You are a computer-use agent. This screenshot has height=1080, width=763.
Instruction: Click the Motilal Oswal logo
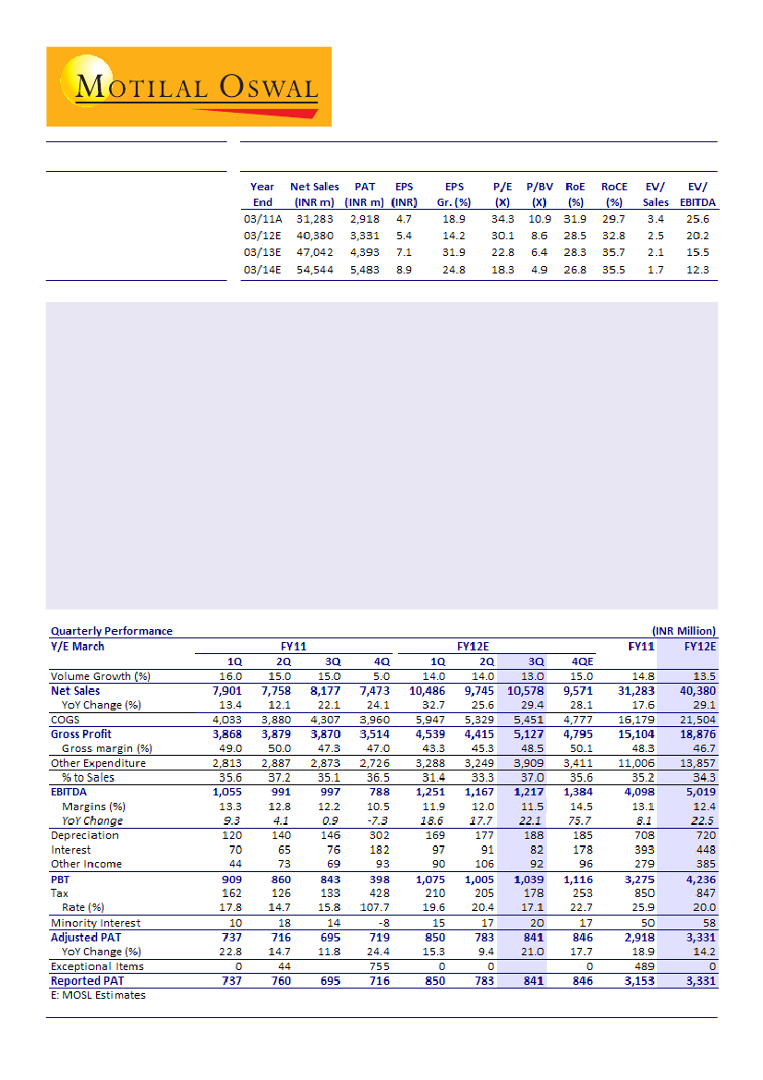188,87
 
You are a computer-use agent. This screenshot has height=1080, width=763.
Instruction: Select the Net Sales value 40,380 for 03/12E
315,235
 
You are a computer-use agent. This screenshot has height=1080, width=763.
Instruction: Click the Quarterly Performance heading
111,631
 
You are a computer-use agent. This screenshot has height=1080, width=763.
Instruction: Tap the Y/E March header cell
78,647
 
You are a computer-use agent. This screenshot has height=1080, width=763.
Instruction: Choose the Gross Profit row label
81,734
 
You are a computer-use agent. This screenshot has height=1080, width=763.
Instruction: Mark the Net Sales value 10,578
523,690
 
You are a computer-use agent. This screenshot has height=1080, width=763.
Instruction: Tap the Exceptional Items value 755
378,965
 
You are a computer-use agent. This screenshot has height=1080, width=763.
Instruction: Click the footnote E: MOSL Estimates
98,995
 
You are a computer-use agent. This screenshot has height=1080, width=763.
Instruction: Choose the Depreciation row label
85,835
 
